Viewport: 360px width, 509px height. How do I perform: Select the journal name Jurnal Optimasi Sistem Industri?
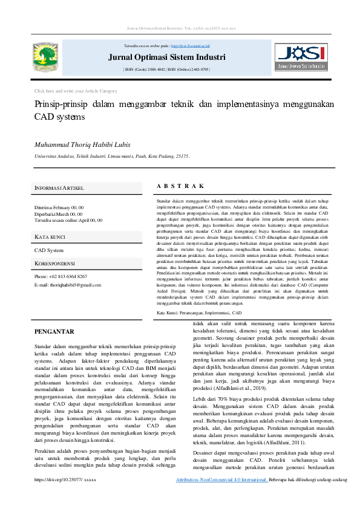166,58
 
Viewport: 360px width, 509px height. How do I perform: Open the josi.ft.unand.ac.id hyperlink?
191,46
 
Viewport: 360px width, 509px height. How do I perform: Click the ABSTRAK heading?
180,186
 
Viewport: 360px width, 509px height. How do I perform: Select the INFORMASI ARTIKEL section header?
59,189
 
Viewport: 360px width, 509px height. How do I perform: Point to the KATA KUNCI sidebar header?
50,236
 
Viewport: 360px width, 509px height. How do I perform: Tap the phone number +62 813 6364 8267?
61,276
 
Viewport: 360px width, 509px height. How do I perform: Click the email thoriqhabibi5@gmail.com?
66,284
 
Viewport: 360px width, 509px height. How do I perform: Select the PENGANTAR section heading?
54,332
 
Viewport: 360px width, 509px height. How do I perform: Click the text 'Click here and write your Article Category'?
76,91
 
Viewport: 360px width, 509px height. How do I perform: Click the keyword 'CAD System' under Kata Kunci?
49,250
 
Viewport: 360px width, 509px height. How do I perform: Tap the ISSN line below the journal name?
166,70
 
